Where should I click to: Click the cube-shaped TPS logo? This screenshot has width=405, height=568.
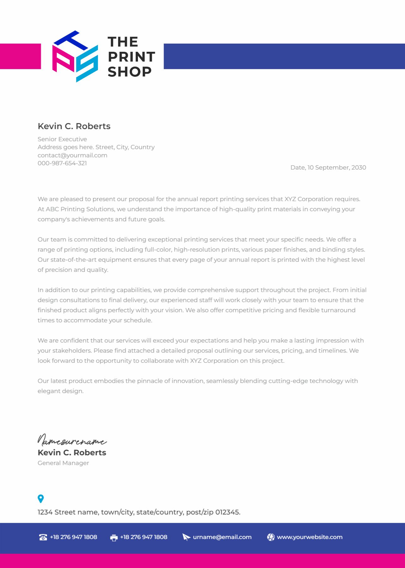point(75,56)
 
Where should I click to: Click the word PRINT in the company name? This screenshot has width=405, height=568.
point(131,57)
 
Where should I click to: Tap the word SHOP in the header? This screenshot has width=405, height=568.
point(129,72)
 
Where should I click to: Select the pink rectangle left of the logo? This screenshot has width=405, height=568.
point(20,56)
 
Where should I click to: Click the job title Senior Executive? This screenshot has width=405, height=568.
point(62,139)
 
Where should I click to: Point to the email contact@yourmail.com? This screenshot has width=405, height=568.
point(72,155)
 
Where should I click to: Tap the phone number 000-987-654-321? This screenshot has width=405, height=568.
point(62,163)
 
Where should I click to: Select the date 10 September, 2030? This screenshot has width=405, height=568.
point(337,168)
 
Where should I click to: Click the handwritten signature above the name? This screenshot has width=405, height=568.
point(72,440)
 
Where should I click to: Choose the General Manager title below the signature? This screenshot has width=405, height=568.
point(63,463)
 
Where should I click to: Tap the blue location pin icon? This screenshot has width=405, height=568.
point(41,499)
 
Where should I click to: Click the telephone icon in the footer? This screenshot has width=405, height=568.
point(43,537)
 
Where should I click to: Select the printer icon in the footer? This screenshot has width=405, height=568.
point(114,538)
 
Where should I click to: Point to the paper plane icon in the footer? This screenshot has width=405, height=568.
point(186,537)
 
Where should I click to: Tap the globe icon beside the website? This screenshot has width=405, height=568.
point(271,537)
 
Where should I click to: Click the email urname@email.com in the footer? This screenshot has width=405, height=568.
point(222,537)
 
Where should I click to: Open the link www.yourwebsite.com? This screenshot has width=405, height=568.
point(309,537)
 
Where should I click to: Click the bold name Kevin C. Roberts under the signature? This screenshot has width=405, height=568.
point(72,453)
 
